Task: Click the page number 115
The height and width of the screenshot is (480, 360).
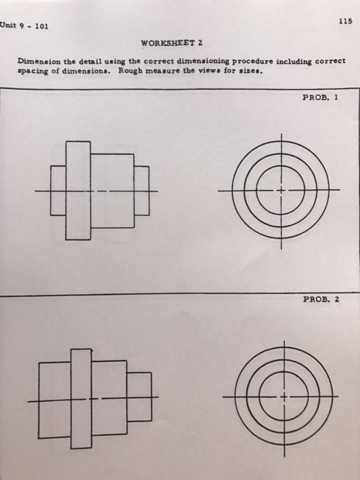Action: click(x=345, y=22)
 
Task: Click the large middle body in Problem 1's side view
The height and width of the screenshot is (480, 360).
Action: click(x=112, y=191)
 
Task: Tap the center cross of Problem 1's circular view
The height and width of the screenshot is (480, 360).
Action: click(x=280, y=189)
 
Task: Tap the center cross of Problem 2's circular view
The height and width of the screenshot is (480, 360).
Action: click(x=280, y=397)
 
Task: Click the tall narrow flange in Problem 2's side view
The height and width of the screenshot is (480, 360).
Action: click(x=81, y=398)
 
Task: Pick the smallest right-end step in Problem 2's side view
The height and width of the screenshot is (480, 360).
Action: click(x=140, y=397)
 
